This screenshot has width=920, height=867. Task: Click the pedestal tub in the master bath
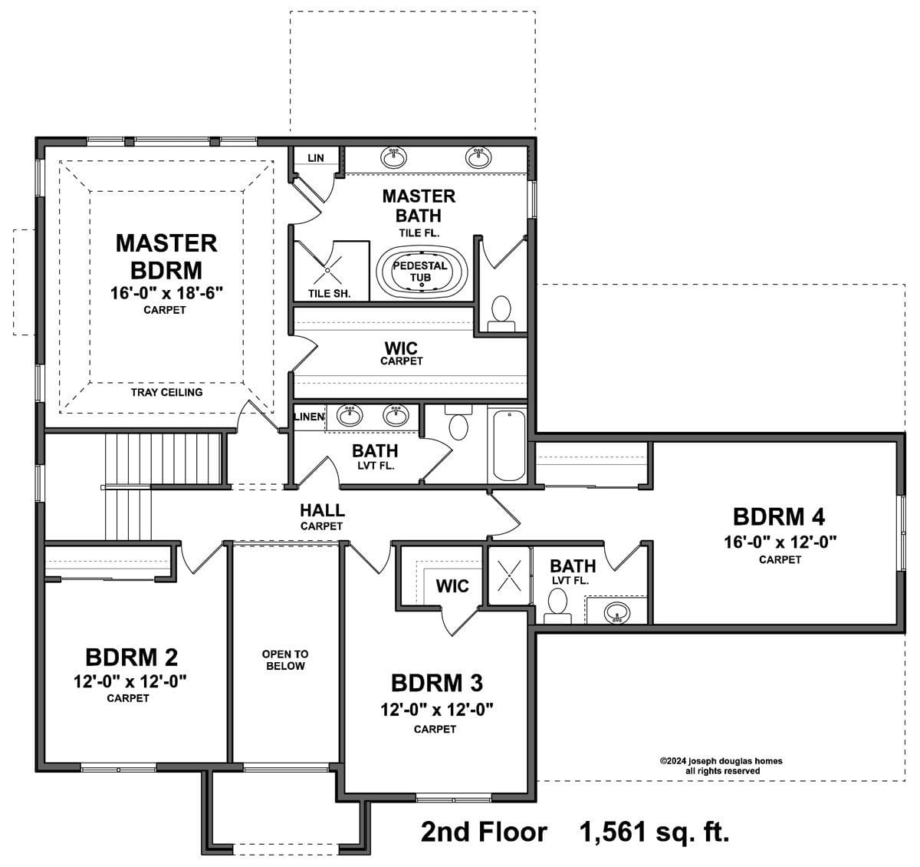(x=422, y=272)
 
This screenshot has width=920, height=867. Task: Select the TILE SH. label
(x=330, y=294)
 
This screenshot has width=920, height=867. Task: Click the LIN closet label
(x=316, y=158)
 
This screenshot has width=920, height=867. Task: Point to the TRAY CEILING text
(x=167, y=392)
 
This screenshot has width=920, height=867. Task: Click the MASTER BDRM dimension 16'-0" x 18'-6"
(x=167, y=293)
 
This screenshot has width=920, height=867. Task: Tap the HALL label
(x=322, y=510)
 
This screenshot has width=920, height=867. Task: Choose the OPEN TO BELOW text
(x=285, y=660)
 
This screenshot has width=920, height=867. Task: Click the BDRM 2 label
(x=131, y=657)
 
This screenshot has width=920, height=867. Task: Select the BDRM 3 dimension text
(x=437, y=710)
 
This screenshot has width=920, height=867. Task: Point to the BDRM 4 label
(x=779, y=517)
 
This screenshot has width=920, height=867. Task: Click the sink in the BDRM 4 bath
(x=617, y=612)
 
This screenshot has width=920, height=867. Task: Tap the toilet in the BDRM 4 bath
(x=557, y=606)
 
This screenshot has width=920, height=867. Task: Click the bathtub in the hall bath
(x=509, y=445)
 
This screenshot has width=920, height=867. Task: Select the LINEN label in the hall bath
(x=309, y=417)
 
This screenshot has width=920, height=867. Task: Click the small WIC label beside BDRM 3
(x=452, y=586)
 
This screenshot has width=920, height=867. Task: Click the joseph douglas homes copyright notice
(x=721, y=766)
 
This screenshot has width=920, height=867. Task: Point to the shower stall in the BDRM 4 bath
(x=509, y=576)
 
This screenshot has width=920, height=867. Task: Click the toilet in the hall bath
(x=458, y=422)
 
